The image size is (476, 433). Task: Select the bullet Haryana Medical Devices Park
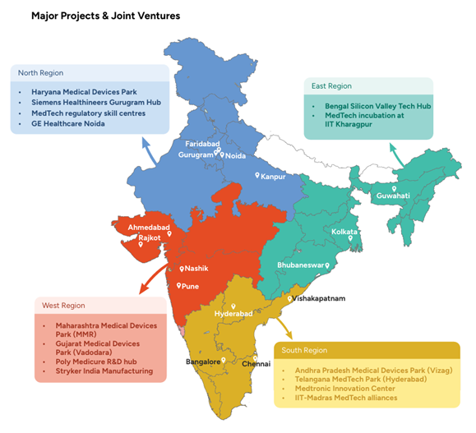tap(84, 91)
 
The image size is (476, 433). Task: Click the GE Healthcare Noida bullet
tap(67, 123)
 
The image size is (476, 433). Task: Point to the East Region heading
tap(331, 85)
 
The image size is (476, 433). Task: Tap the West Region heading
tap(62, 306)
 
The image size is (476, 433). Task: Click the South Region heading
tap(305, 351)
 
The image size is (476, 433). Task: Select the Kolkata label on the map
tap(344, 233)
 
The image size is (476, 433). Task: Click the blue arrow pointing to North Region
tap(150, 150)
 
